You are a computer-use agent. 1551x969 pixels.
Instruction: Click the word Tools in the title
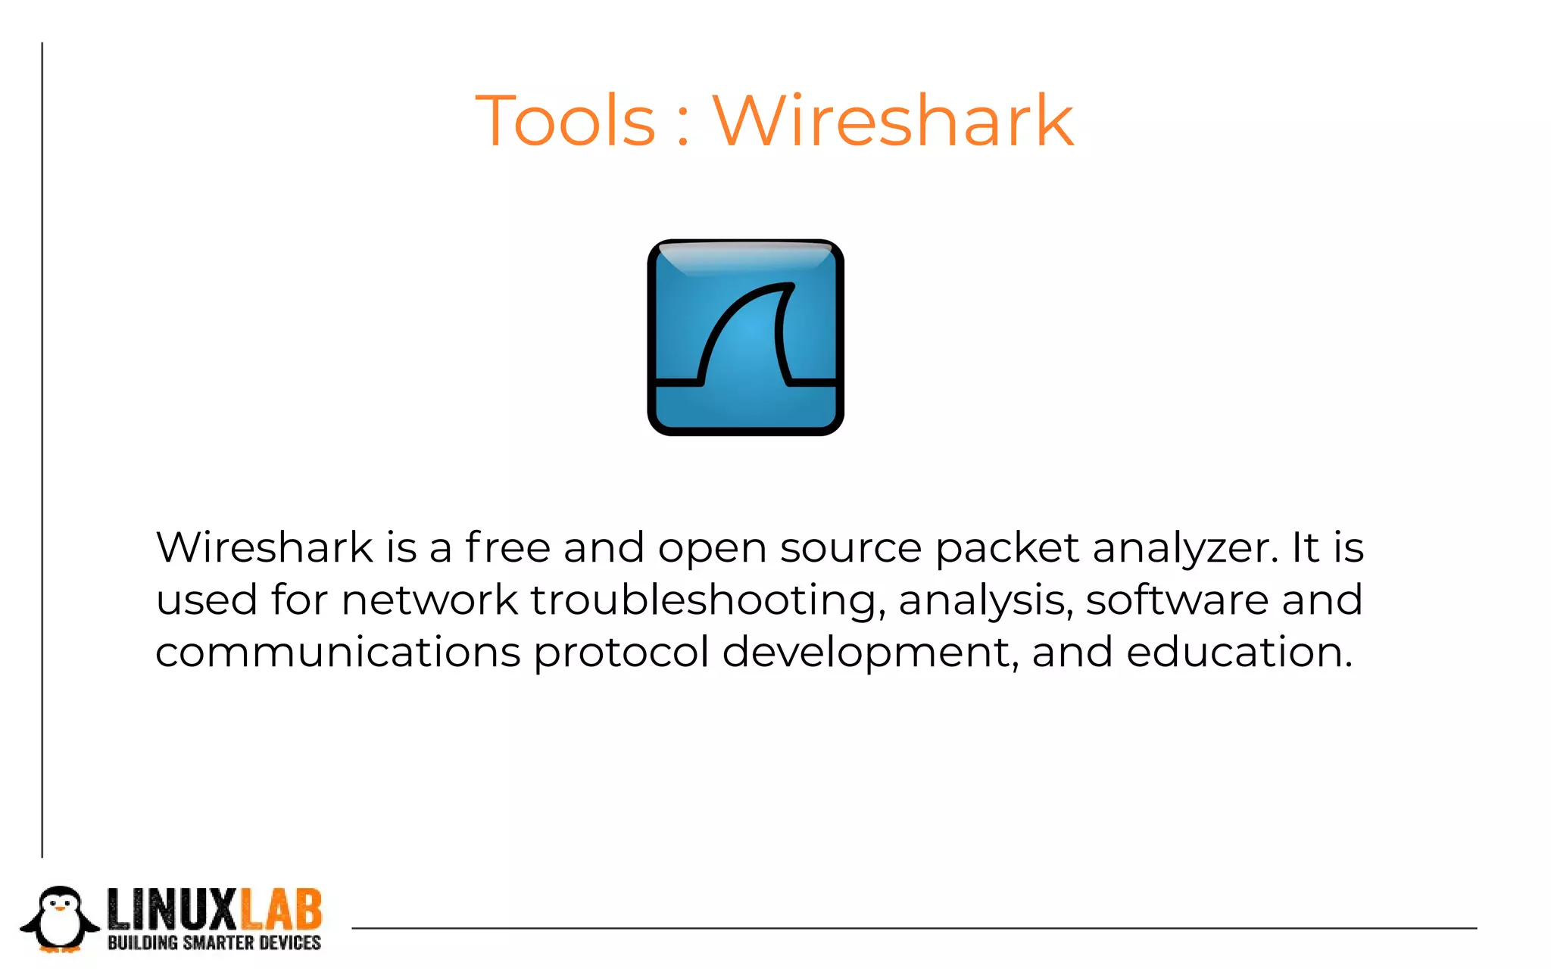point(565,121)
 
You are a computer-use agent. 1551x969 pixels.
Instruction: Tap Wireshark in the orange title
point(893,121)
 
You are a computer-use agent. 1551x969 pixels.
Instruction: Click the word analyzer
point(1185,548)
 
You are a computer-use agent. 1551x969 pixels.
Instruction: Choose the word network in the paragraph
point(429,600)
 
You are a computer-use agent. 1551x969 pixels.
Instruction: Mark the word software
point(1176,600)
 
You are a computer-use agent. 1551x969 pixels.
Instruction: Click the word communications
point(338,652)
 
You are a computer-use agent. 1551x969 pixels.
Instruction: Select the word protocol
point(621,653)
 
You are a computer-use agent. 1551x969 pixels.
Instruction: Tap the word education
point(1238,652)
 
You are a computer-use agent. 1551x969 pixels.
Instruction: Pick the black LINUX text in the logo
point(172,910)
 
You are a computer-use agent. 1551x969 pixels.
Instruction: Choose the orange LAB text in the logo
point(281,910)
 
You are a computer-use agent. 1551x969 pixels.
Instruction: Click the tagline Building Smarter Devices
point(214,943)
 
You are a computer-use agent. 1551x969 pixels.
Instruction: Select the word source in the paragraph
point(850,547)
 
